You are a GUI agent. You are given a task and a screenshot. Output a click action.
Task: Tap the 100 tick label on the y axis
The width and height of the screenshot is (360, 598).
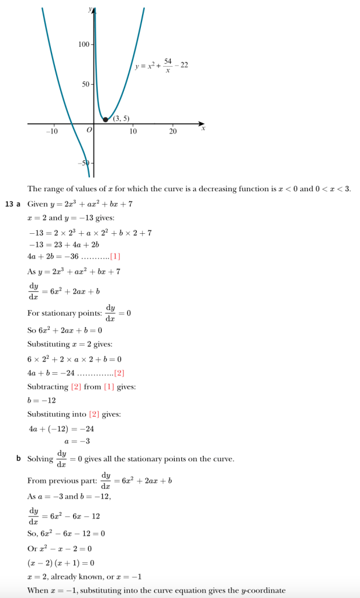coord(84,45)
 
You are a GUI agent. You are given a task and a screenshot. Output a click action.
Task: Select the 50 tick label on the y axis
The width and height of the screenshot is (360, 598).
coord(86,85)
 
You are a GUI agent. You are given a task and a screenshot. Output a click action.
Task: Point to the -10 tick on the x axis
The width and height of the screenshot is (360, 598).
coord(52,131)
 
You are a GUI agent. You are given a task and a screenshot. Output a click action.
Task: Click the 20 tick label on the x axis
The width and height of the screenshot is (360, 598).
coord(172,131)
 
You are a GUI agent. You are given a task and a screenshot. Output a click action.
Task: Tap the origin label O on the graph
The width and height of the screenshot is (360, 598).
coord(89,130)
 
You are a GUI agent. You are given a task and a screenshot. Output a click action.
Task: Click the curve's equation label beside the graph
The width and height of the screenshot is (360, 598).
coord(161,65)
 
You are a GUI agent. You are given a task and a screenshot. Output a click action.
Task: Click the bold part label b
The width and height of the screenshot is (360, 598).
coord(19,458)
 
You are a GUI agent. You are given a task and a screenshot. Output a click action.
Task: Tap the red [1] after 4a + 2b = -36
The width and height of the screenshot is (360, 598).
coord(115,256)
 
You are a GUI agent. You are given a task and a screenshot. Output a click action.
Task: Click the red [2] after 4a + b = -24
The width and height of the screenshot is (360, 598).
coord(119,372)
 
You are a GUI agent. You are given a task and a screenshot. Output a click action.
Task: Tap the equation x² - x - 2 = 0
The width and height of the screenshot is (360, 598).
coord(59,548)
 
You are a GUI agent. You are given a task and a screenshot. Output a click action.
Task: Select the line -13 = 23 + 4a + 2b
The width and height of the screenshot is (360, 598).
coord(60,244)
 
